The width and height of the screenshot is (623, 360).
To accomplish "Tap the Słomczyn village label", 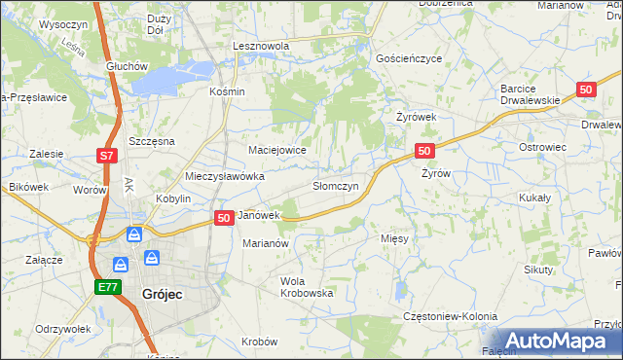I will pos(336,185).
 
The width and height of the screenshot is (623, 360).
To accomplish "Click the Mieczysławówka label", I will pos(225,177).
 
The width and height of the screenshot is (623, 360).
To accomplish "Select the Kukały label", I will pos(534,197).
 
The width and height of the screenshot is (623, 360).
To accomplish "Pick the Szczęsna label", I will pos(152,141).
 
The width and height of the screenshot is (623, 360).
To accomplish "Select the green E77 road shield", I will pos(107,287).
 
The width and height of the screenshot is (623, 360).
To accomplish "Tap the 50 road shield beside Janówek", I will pos(223,218).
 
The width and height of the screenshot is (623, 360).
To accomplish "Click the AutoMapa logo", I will pos(555,341).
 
